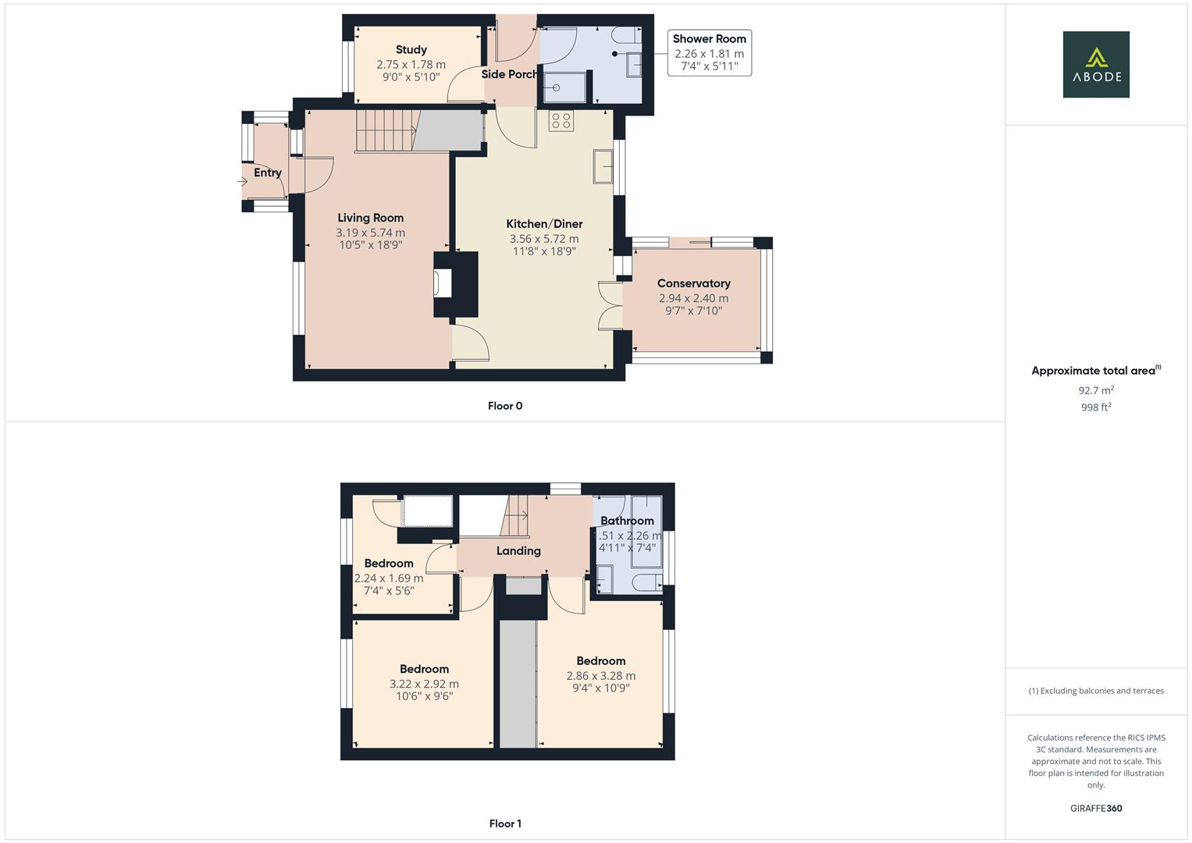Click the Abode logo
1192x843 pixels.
(1095, 64)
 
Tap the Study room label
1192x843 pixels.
(411, 50)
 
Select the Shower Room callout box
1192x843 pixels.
(709, 53)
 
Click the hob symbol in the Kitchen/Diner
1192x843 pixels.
(560, 121)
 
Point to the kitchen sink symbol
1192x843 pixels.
(603, 165)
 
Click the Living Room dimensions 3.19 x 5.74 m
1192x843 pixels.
(370, 233)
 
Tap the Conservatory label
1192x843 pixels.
(693, 283)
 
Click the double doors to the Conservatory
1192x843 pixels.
(610, 305)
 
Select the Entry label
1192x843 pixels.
(267, 173)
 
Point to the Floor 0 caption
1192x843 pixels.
(505, 406)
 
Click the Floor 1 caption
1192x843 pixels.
(505, 823)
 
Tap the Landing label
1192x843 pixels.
(518, 551)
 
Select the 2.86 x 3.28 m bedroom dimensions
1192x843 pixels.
(600, 676)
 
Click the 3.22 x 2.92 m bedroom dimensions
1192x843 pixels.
(424, 684)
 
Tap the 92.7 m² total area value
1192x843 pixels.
(1095, 390)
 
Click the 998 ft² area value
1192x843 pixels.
(1095, 407)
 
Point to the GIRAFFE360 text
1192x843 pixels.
(1095, 809)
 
